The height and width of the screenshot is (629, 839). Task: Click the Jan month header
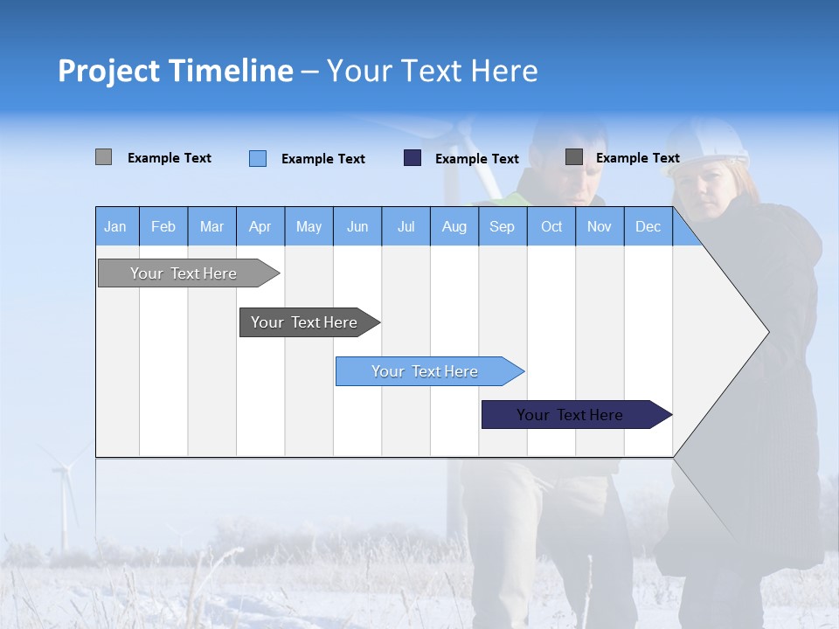(115, 226)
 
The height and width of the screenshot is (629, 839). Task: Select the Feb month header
(163, 226)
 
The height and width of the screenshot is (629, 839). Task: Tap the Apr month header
(260, 226)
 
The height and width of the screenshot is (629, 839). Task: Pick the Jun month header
(357, 226)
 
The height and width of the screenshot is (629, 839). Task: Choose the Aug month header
(454, 226)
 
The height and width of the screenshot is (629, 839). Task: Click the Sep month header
(502, 226)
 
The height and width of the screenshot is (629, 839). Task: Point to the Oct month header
(551, 226)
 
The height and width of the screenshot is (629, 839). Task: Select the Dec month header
(648, 226)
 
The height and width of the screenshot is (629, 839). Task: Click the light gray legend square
(104, 157)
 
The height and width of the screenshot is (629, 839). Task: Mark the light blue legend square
(258, 158)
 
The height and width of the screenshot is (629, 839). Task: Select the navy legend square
(413, 158)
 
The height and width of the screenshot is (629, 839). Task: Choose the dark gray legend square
(574, 157)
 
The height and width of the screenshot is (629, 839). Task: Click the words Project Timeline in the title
(175, 71)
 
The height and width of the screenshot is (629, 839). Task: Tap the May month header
(309, 226)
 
